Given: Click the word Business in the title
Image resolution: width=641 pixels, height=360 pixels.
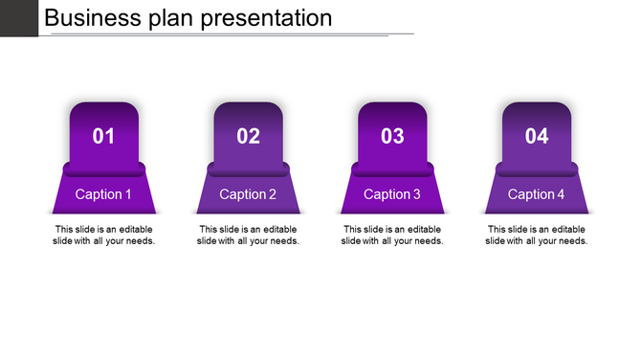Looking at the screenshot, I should coord(91,18).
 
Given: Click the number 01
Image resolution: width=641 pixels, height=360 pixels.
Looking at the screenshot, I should coord(103,137).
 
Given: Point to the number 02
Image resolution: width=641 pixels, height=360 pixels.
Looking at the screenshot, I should coord(248,137).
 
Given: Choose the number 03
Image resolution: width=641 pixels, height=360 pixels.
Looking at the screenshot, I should coord(392,137).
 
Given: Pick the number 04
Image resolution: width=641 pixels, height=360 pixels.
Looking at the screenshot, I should coord(537,137).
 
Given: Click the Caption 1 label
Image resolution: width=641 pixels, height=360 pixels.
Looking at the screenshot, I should coord(103,194).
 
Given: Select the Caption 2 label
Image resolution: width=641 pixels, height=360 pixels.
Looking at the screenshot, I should coord(248,194).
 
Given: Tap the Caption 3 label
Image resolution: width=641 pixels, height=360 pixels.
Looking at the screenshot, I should coord(392,194).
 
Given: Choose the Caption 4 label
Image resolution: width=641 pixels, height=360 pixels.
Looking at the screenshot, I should coord(537,194).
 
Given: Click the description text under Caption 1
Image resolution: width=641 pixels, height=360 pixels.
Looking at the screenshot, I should coord(103,235).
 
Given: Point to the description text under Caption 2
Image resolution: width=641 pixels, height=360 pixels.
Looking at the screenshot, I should coord(248,235).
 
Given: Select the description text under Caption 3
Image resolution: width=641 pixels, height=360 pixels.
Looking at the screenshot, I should coord(392,235).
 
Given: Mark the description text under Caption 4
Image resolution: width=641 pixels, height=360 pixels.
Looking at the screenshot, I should coord(537,235).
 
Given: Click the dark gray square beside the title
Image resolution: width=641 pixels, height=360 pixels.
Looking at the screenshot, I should coord(18,18).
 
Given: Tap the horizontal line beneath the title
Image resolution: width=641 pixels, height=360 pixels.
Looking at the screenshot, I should coord(230,34).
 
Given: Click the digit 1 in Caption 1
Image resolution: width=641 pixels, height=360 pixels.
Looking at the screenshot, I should coord(128,194).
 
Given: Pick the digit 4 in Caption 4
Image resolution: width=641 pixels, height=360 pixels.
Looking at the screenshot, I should coord(562,194).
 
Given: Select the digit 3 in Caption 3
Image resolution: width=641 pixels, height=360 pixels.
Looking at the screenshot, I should coord(416,194).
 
